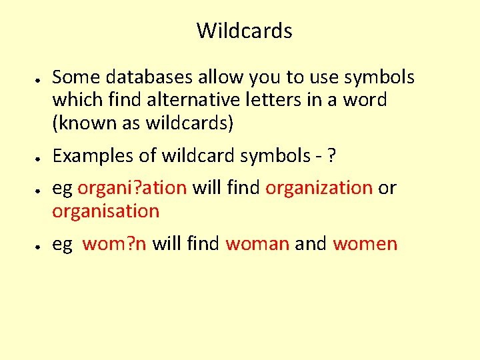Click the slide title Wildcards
pyautogui.click(x=244, y=31)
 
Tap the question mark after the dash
pyautogui.click(x=331, y=155)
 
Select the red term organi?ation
pyautogui.click(x=132, y=188)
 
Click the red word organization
pyautogui.click(x=319, y=188)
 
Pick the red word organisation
pyautogui.click(x=106, y=211)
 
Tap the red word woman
pyautogui.click(x=257, y=244)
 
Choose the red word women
pyautogui.click(x=365, y=244)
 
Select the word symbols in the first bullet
pyautogui.click(x=379, y=78)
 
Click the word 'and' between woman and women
pyautogui.click(x=311, y=244)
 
